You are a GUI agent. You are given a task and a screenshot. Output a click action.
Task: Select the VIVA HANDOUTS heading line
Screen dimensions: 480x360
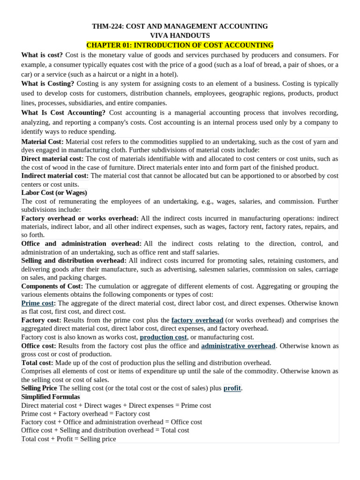pyautogui.click(x=180, y=36)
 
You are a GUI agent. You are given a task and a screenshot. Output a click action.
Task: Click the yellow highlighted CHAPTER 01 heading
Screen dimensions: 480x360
pyautogui.click(x=180, y=45)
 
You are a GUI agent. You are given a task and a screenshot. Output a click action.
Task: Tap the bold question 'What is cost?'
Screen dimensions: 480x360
pyautogui.click(x=42, y=55)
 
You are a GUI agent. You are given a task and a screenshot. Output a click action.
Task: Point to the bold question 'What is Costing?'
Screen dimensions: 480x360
pyautogui.click(x=47, y=83)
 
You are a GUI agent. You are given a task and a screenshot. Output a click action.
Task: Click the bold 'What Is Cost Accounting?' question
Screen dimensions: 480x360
pyautogui.click(x=63, y=112)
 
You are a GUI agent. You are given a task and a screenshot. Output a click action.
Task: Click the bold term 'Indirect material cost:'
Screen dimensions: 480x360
pyautogui.click(x=55, y=176)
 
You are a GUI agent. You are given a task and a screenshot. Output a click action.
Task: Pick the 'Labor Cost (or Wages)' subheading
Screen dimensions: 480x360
pyautogui.click(x=54, y=193)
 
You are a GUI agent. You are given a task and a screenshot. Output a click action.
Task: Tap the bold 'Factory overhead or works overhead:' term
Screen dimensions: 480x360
pyautogui.click(x=80, y=218)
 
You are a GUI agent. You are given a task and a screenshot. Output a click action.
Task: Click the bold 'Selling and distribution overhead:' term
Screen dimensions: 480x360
pyautogui.click(x=74, y=261)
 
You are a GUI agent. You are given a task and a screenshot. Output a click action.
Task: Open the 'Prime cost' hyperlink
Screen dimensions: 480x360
pyautogui.click(x=37, y=303)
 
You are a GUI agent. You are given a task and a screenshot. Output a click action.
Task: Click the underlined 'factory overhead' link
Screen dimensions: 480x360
pyautogui.click(x=197, y=320)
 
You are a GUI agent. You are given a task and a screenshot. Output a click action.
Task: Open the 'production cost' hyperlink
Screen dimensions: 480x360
pyautogui.click(x=163, y=337)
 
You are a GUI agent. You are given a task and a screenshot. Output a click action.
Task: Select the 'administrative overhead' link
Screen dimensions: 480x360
pyautogui.click(x=238, y=346)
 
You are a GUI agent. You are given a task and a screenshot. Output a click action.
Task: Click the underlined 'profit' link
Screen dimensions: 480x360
pyautogui.click(x=232, y=388)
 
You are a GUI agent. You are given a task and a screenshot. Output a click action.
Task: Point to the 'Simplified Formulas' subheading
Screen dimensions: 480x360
pyautogui.click(x=51, y=397)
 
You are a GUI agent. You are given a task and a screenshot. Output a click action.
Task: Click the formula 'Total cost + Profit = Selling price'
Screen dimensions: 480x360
pyautogui.click(x=69, y=439)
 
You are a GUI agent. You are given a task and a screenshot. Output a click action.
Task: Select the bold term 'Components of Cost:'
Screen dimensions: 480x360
pyautogui.click(x=52, y=286)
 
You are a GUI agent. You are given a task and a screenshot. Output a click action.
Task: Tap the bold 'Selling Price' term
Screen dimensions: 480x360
pyautogui.click(x=39, y=388)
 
